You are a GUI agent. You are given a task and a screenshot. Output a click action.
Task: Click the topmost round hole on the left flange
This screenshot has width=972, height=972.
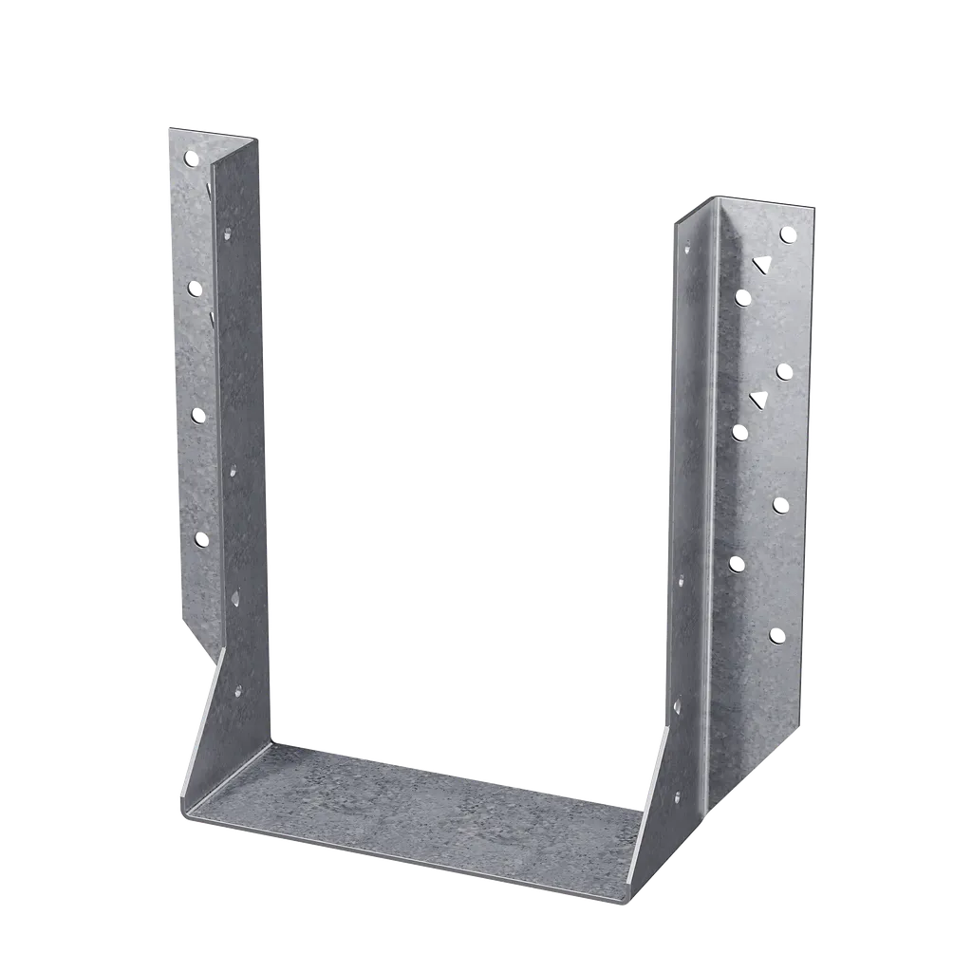[191, 158]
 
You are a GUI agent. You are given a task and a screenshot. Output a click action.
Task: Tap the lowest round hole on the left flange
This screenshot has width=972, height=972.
[201, 539]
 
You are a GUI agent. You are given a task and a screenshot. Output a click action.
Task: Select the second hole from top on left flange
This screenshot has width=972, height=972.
[195, 287]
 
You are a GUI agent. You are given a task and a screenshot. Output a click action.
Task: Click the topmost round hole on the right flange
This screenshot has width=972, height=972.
[787, 234]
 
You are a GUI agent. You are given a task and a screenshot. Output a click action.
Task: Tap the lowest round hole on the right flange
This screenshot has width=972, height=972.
[776, 635]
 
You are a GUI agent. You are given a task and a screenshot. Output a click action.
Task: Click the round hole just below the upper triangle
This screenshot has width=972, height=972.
[742, 298]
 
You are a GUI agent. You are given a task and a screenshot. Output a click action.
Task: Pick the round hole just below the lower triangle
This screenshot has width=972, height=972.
[739, 433]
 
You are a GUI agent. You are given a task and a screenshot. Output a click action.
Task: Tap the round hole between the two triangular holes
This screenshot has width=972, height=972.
[784, 371]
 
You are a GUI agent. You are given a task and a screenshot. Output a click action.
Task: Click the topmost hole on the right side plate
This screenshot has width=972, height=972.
[686, 250]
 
